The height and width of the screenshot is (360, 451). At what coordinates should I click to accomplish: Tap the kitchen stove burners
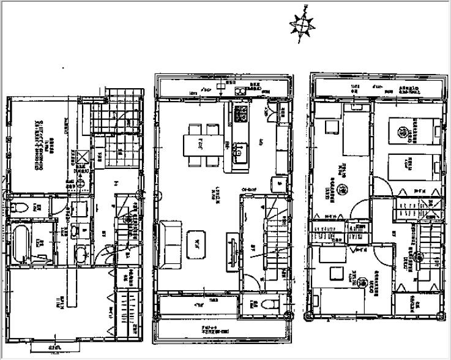click(x=240, y=113)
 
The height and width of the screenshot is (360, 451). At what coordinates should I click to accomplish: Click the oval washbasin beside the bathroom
click(x=80, y=256)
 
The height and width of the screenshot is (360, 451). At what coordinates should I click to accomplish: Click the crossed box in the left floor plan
click(x=81, y=157)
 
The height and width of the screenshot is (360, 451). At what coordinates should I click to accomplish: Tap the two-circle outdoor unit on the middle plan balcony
click(x=239, y=91)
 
